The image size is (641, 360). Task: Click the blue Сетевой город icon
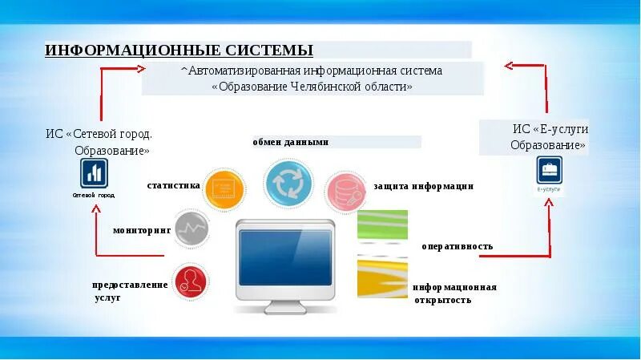pos(94,173)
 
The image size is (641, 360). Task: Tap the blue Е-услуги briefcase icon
pos(550,170)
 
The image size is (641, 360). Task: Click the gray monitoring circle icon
pos(191,230)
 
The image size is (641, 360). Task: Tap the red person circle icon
pos(188,281)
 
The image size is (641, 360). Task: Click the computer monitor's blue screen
pos(285,257)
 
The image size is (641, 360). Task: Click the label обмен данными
pos(291,142)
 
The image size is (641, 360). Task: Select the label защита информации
pos(423,186)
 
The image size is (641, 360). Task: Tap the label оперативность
pos(458,246)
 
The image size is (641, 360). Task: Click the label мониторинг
pos(142,230)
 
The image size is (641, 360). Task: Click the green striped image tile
pos(382,229)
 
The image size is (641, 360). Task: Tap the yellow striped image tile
pos(382,276)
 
